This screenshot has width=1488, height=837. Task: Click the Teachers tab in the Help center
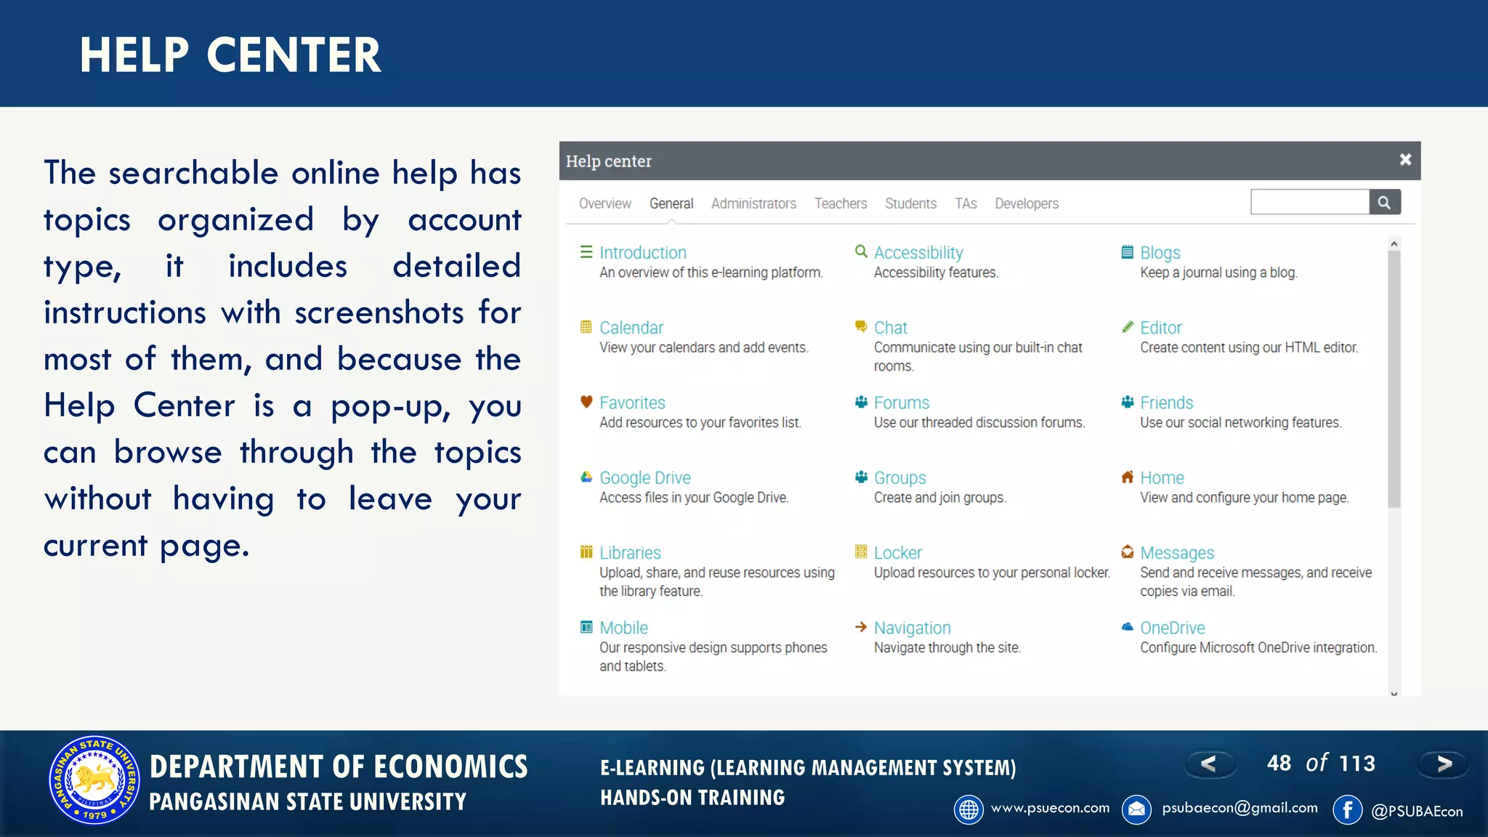tap(841, 203)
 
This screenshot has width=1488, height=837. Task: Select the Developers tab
tap(1026, 203)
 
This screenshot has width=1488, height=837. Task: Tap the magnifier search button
tap(1384, 203)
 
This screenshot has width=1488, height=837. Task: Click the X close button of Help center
tap(1405, 160)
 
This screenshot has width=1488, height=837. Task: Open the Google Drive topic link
tap(644, 478)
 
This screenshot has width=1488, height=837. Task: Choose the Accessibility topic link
tap(918, 253)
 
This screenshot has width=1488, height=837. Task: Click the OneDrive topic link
tap(1172, 628)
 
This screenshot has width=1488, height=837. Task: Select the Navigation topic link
tap(912, 628)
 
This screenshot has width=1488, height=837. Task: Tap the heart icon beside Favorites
tap(586, 402)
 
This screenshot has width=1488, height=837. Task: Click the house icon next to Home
tap(1128, 477)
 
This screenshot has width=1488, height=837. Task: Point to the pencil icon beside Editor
tap(1128, 327)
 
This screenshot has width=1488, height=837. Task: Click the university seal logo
tap(94, 780)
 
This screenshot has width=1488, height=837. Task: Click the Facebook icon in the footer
tap(1347, 809)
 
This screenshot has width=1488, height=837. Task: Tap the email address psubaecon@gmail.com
tap(1240, 808)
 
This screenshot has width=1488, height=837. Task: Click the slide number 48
tap(1279, 764)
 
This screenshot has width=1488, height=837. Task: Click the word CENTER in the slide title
tap(294, 55)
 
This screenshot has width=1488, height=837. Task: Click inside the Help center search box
tap(1309, 203)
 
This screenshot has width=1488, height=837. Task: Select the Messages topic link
tap(1177, 553)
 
